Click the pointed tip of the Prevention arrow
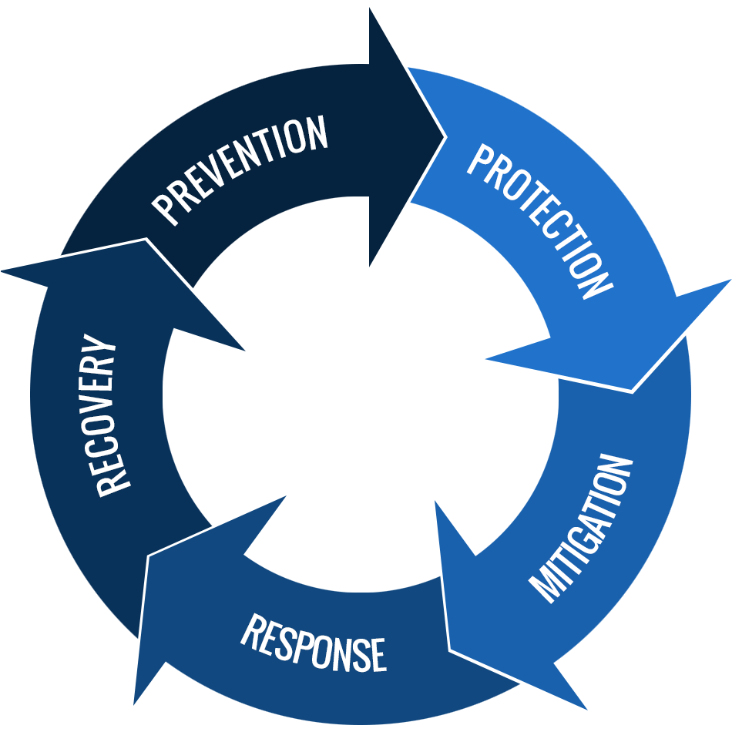pos(445,137)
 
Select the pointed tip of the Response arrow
pos(136,703)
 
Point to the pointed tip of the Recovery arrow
pos(5,271)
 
